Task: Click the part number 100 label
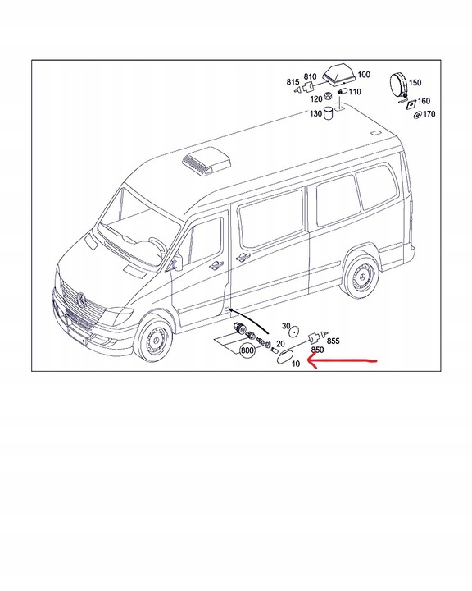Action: coord(363,75)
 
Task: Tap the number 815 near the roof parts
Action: coord(293,82)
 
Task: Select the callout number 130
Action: coord(315,113)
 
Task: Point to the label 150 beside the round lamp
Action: coord(415,83)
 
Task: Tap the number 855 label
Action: coord(334,340)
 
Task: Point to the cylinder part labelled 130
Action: coord(328,113)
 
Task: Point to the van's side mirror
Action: coord(177,261)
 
